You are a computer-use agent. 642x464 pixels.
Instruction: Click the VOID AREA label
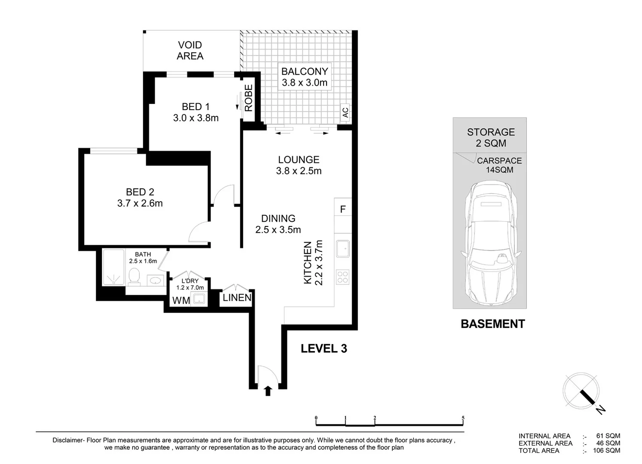pyautogui.click(x=190, y=51)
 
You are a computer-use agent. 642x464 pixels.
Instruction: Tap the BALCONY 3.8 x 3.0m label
pyautogui.click(x=304, y=77)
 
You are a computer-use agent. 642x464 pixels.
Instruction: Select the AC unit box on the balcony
pyautogui.click(x=345, y=113)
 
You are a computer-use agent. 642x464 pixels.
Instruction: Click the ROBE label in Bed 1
pyautogui.click(x=249, y=98)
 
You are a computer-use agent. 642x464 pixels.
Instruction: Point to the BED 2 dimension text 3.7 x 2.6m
pyautogui.click(x=140, y=203)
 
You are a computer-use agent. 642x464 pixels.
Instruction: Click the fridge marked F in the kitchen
pyautogui.click(x=343, y=209)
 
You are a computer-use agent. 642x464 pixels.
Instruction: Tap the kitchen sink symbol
pyautogui.click(x=343, y=249)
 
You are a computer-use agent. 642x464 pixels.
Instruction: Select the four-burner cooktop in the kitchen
pyautogui.click(x=342, y=277)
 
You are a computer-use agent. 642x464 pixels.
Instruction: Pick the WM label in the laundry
pyautogui.click(x=181, y=301)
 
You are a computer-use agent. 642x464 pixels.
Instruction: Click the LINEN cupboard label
pyautogui.click(x=237, y=298)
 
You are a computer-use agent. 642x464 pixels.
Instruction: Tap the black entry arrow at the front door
pyautogui.click(x=268, y=391)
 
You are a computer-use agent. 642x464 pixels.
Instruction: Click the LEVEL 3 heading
pyautogui.click(x=324, y=348)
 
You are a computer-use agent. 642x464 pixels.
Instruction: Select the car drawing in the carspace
pyautogui.click(x=490, y=243)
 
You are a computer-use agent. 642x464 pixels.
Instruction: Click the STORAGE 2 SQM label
pyautogui.click(x=491, y=137)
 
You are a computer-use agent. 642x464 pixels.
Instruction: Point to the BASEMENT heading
pyautogui.click(x=492, y=324)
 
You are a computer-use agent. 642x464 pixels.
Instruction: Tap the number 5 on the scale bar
pyautogui.click(x=463, y=418)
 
